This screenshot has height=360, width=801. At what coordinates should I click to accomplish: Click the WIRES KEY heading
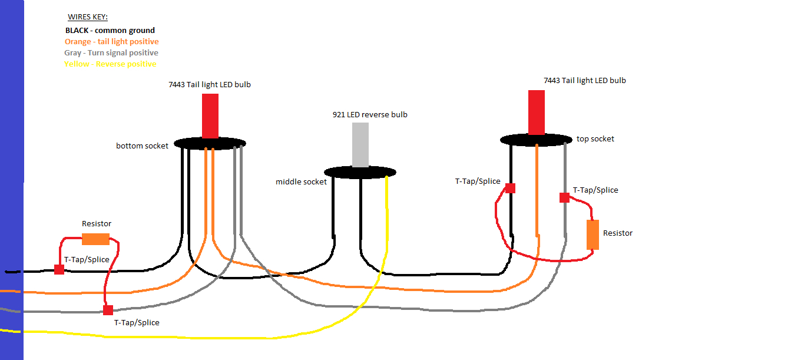(88, 18)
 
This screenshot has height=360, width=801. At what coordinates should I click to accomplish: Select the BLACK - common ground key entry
(110, 30)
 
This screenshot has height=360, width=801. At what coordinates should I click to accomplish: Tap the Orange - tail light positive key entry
(111, 42)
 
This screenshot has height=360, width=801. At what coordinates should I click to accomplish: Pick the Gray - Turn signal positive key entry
(111, 53)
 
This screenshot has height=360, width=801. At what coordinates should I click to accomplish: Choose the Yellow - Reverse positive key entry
(110, 64)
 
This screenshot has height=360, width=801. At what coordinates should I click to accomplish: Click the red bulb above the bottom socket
(210, 115)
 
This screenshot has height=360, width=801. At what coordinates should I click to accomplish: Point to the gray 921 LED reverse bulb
(360, 145)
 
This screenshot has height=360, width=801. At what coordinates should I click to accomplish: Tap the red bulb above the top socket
(537, 113)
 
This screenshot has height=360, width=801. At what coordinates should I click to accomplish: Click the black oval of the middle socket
(360, 172)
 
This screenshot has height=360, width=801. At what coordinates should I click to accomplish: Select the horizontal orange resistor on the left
(95, 239)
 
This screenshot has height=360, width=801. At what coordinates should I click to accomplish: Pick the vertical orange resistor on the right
(593, 235)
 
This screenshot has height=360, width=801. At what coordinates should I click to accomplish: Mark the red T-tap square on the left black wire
(59, 269)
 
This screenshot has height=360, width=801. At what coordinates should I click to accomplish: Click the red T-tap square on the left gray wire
(108, 310)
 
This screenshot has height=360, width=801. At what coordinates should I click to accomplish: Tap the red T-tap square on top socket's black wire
(510, 188)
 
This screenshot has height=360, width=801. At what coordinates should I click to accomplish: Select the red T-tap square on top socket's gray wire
(564, 197)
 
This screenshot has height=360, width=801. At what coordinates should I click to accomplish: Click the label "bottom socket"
(142, 146)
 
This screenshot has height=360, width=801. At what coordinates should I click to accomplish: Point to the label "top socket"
(595, 139)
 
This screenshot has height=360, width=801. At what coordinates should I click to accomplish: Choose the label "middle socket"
(301, 182)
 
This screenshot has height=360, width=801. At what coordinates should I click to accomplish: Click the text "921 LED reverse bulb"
(370, 115)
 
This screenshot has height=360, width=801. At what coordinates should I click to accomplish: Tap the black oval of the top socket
(536, 140)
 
